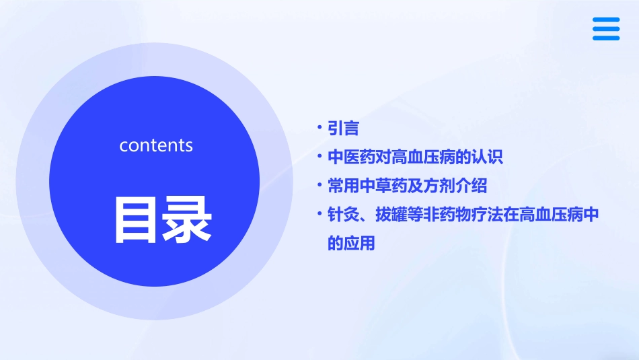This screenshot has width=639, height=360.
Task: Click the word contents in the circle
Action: (156, 145)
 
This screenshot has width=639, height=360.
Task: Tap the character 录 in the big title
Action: (184, 220)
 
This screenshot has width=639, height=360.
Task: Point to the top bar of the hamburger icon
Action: (605, 20)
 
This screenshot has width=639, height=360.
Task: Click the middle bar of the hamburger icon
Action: (605, 29)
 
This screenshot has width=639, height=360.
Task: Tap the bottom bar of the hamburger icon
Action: (605, 38)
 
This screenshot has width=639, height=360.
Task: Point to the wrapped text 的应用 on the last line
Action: (350, 244)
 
